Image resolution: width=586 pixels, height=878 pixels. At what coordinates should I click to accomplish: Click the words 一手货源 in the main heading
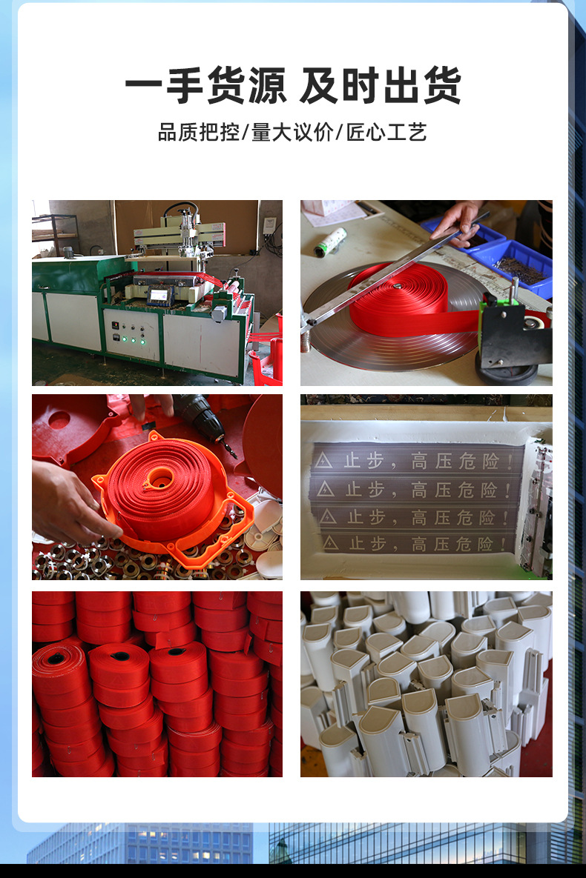point(205,85)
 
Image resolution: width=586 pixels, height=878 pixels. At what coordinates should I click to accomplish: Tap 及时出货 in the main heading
point(381,85)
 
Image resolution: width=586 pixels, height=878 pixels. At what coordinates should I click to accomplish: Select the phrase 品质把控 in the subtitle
point(199,133)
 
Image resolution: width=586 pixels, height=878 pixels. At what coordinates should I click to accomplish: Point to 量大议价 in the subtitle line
point(292,133)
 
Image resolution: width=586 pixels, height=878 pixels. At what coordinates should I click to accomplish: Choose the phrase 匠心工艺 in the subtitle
point(387,133)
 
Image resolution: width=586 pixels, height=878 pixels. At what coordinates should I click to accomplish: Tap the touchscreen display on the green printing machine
point(159,295)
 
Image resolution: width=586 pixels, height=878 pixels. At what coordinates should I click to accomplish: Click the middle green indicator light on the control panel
point(133,340)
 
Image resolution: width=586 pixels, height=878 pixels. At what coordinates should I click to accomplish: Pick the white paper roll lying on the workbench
point(330,242)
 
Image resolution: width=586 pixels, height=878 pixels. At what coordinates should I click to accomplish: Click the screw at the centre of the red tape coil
point(398,286)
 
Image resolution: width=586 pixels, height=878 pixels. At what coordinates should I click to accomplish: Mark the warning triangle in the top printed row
point(323,461)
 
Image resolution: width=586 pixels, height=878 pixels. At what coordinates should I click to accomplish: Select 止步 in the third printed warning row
point(366,517)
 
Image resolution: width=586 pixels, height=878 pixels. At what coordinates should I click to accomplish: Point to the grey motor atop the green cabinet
point(69,253)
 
